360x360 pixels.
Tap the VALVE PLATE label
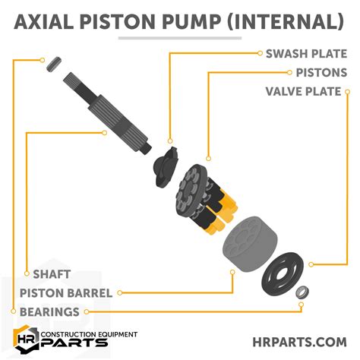306,92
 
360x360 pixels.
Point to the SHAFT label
52,273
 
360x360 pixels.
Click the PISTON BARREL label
66,292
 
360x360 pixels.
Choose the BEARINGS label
52,311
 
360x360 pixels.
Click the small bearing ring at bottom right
302,291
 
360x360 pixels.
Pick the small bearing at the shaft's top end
52,66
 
